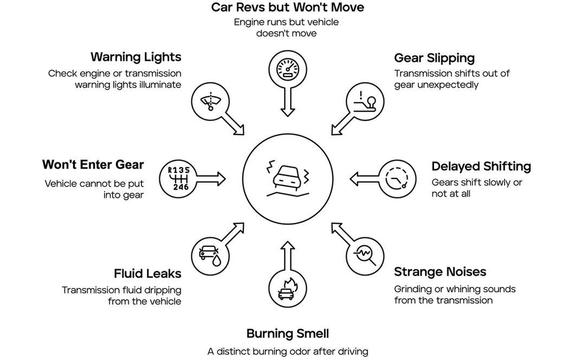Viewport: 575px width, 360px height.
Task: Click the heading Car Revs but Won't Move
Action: click(x=287, y=8)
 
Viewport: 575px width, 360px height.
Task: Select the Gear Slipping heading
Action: click(x=434, y=58)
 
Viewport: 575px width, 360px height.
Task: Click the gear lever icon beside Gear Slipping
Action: click(x=365, y=101)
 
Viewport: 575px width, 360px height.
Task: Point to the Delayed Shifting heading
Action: click(x=481, y=166)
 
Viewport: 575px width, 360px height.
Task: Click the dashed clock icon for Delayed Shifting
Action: click(x=398, y=178)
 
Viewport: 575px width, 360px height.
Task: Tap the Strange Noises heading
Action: click(x=440, y=272)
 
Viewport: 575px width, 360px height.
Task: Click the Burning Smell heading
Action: click(x=287, y=333)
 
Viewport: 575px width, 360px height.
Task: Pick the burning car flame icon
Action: click(x=287, y=288)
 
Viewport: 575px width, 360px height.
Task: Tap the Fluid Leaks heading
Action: click(x=147, y=273)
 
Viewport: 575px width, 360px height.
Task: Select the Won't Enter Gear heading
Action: click(x=93, y=165)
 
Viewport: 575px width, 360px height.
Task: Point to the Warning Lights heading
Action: click(x=135, y=57)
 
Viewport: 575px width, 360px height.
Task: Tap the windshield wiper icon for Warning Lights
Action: click(x=210, y=101)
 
